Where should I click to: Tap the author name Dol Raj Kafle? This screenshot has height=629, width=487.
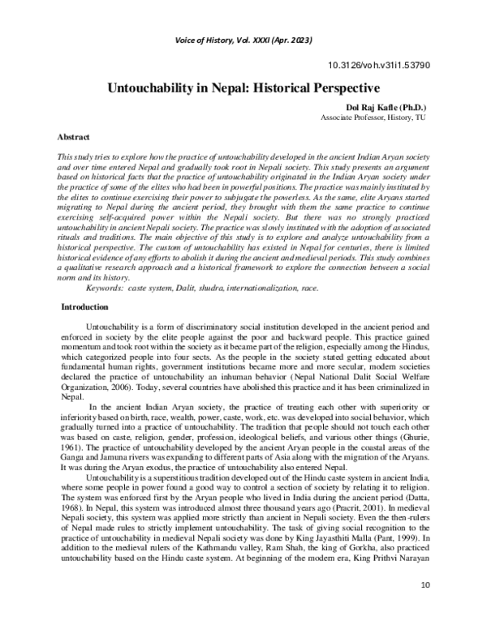tap(373, 107)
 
